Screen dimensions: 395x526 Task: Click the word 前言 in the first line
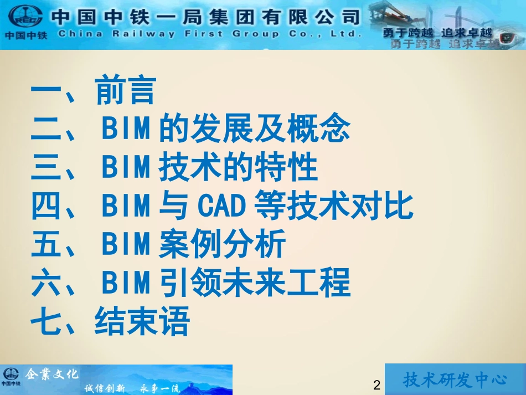[126, 91]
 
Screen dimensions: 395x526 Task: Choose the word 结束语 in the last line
[142, 322]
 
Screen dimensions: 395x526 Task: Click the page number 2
[377, 386]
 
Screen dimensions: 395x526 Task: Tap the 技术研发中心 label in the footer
[455, 380]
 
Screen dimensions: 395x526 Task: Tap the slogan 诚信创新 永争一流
[132, 387]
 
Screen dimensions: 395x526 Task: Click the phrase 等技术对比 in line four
[333, 207]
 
